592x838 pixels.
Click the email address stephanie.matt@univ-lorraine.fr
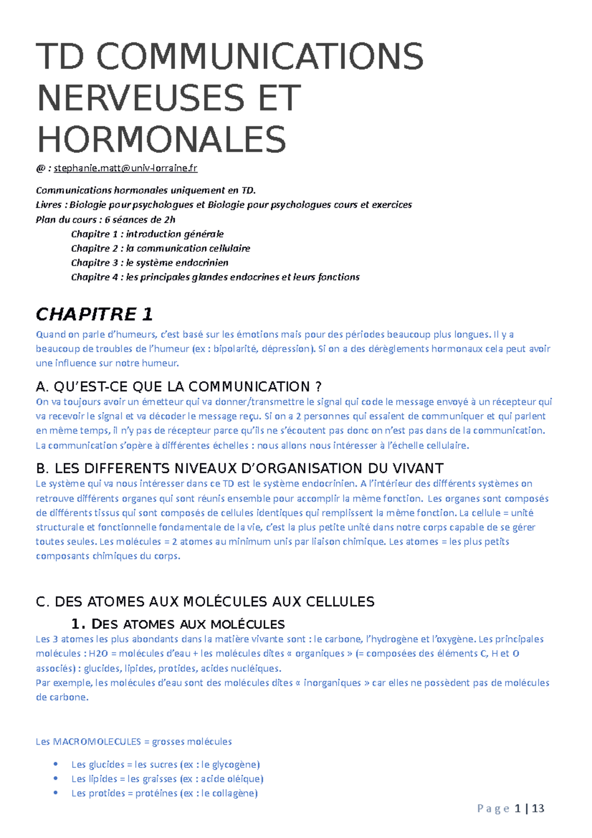(x=125, y=168)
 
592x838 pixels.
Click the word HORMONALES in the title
(x=161, y=140)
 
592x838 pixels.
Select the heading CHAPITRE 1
(x=94, y=314)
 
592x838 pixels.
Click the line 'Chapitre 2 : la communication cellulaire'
(x=160, y=248)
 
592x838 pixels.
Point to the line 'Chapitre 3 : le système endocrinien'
(x=149, y=263)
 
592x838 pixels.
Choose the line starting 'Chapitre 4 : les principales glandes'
(x=215, y=277)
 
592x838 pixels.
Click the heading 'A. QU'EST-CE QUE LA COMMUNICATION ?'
(x=179, y=386)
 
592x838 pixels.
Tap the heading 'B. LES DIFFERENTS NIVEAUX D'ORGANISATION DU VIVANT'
(x=240, y=468)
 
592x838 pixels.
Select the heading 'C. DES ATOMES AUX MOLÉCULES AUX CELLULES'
(x=205, y=602)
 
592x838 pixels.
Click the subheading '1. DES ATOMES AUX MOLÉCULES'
(x=178, y=624)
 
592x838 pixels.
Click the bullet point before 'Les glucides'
(x=56, y=764)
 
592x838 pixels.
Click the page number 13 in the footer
(x=538, y=808)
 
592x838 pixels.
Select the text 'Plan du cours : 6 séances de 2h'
(x=106, y=220)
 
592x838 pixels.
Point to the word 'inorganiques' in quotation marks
(x=333, y=683)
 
